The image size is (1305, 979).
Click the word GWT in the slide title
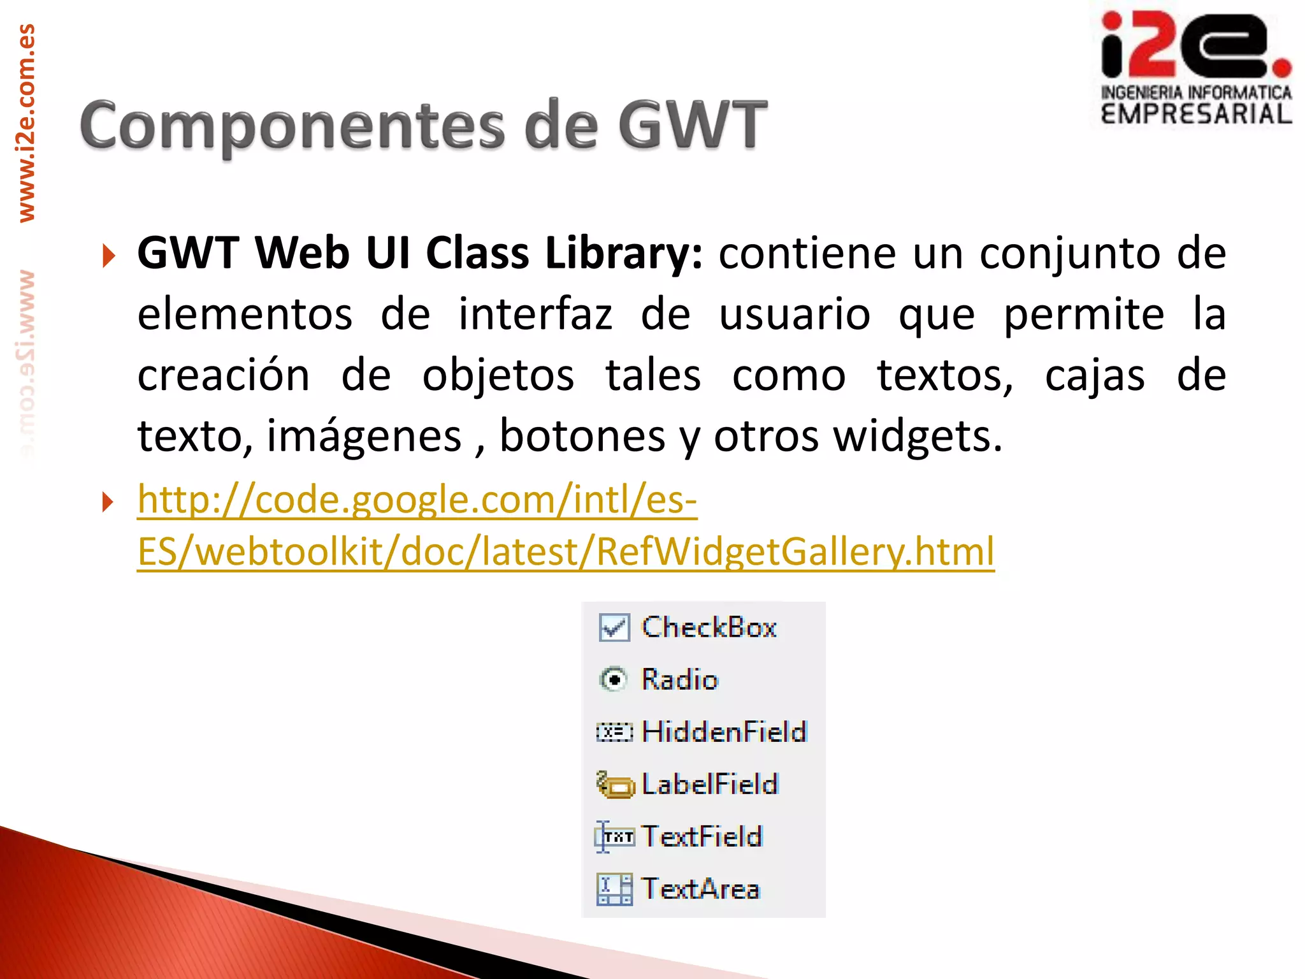tap(693, 125)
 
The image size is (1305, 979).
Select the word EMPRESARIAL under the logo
tap(1197, 115)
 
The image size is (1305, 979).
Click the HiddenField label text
tap(725, 732)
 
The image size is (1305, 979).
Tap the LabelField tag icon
tap(615, 785)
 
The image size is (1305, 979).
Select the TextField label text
tap(702, 836)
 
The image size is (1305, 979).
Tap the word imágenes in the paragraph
tap(364, 436)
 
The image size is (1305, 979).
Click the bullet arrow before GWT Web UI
tap(109, 256)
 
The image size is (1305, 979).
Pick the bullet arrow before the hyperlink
tap(109, 502)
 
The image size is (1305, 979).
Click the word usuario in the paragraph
tap(795, 314)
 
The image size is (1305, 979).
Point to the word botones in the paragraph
tap(582, 436)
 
